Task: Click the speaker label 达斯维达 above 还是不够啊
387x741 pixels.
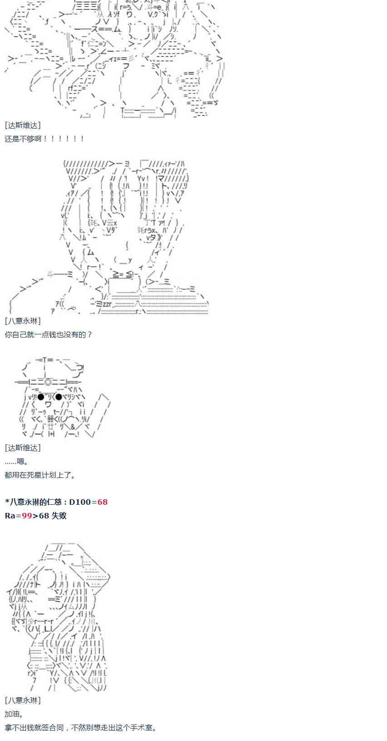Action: (x=23, y=125)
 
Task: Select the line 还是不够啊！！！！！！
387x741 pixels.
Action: (x=45, y=139)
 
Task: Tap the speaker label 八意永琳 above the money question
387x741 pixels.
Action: (x=23, y=321)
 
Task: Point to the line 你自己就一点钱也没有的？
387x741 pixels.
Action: (x=48, y=335)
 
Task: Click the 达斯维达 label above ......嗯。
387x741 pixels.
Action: (x=23, y=448)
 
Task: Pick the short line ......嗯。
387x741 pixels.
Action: (x=17, y=462)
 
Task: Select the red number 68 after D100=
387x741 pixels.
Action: (x=102, y=502)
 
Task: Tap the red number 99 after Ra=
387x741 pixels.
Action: (x=27, y=516)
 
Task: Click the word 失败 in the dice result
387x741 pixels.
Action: (x=59, y=516)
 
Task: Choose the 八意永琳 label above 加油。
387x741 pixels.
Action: (x=23, y=701)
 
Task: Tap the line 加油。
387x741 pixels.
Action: (x=14, y=714)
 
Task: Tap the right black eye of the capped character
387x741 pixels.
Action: (x=58, y=397)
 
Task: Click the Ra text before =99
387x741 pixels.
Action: (x=10, y=516)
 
